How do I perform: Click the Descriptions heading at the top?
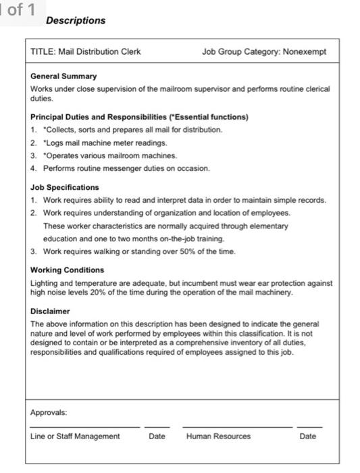[x=76, y=21]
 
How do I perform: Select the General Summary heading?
[x=63, y=76]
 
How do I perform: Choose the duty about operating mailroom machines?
[x=101, y=155]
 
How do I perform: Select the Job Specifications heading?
[x=65, y=187]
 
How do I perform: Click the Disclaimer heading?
[x=50, y=312]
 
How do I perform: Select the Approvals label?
[x=49, y=412]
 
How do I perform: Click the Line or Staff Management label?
[x=75, y=437]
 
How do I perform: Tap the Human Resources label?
[x=218, y=437]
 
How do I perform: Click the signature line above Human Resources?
[x=236, y=427]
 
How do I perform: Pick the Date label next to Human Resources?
[x=307, y=437]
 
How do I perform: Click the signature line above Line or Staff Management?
[x=84, y=427]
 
